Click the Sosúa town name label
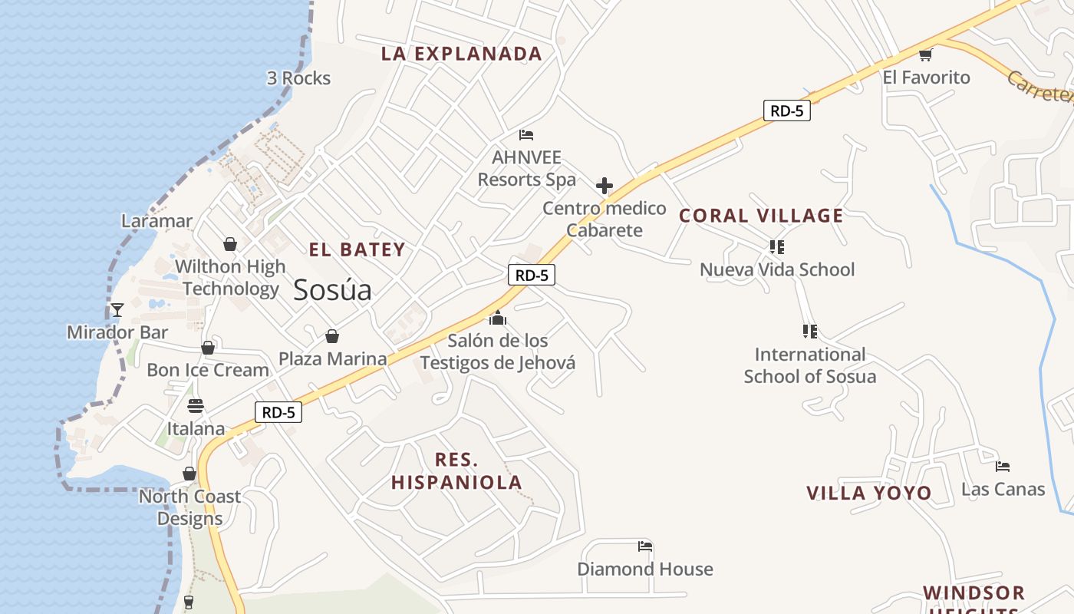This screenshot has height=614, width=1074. [332, 290]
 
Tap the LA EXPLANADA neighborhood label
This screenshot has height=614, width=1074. [462, 54]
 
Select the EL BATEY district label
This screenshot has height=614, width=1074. [357, 249]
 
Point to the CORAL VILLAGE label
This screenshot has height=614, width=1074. [761, 216]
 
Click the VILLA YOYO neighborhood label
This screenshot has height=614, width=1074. [868, 493]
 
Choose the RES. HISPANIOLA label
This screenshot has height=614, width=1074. [457, 471]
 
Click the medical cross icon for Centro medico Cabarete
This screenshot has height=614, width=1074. [605, 186]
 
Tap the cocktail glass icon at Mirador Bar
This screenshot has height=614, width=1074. [117, 310]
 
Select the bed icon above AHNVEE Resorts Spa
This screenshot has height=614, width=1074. [526, 135]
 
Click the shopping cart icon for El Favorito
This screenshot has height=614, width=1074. [926, 54]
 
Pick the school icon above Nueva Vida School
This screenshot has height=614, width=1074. [777, 247]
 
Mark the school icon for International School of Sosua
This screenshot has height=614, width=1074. [809, 332]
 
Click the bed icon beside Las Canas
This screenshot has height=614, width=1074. [1002, 466]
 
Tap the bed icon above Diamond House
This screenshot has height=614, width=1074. [645, 546]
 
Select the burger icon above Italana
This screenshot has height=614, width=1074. [196, 406]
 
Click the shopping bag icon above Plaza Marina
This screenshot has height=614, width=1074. [332, 336]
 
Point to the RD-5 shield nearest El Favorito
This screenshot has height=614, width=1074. [787, 111]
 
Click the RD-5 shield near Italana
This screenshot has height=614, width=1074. [278, 412]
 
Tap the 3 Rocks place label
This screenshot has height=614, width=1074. [298, 78]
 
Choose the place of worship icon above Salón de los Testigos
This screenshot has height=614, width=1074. [498, 318]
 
